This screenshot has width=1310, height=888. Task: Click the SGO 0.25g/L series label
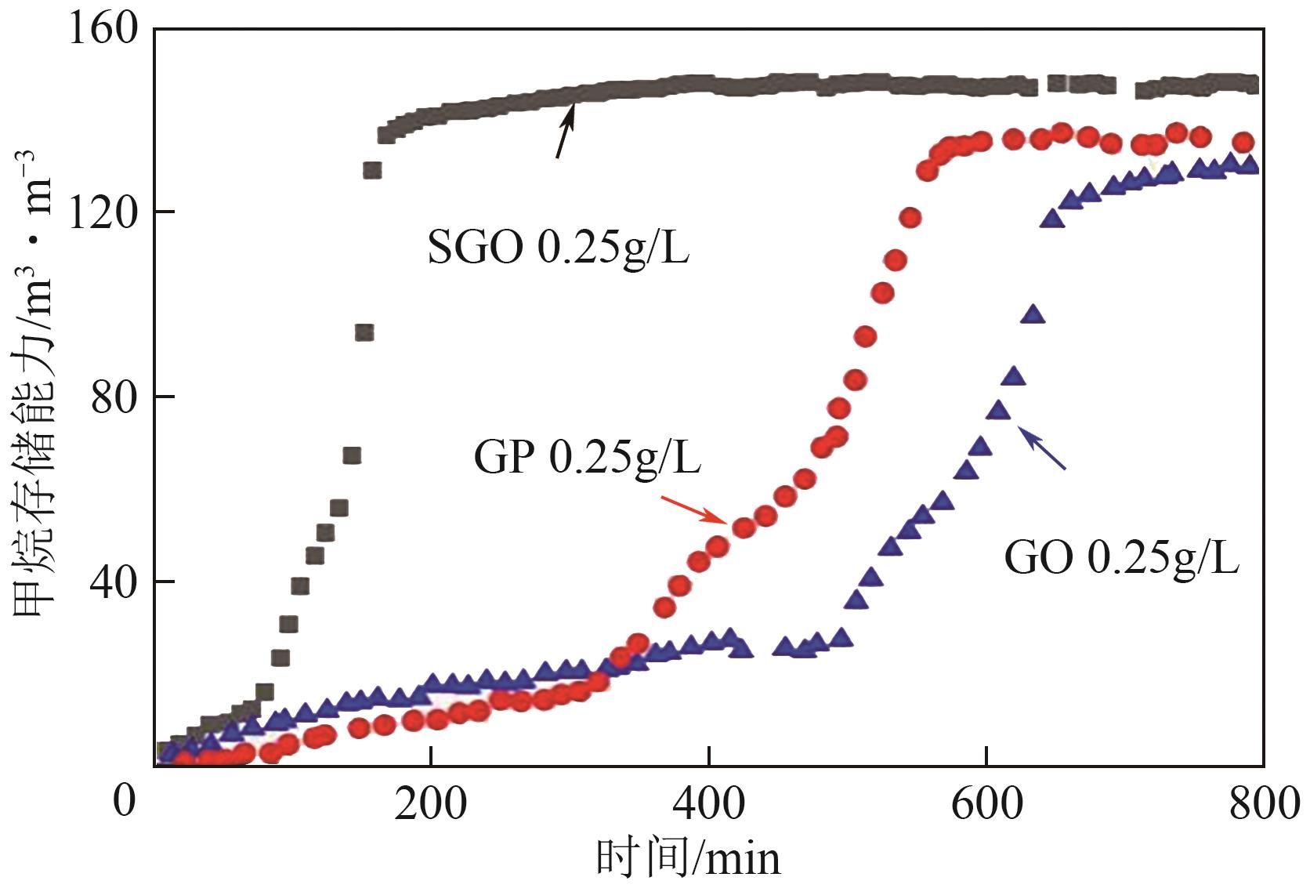click(x=558, y=248)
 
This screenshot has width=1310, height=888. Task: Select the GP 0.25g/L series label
click(x=587, y=457)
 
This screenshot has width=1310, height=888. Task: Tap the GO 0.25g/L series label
click(x=1121, y=559)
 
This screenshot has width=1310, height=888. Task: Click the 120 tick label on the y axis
click(x=103, y=212)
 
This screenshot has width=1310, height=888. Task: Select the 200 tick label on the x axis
click(x=431, y=805)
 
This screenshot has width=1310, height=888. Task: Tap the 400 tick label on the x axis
click(x=708, y=805)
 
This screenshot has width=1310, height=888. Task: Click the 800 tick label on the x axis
click(x=1262, y=805)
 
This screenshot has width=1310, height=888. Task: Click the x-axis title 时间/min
click(x=688, y=858)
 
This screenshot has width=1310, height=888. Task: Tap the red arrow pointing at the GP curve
click(x=694, y=509)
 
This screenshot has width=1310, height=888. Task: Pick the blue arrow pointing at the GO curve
click(x=1042, y=448)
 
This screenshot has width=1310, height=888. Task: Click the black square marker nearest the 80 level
click(x=352, y=455)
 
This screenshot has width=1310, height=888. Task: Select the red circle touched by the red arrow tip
click(x=743, y=527)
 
